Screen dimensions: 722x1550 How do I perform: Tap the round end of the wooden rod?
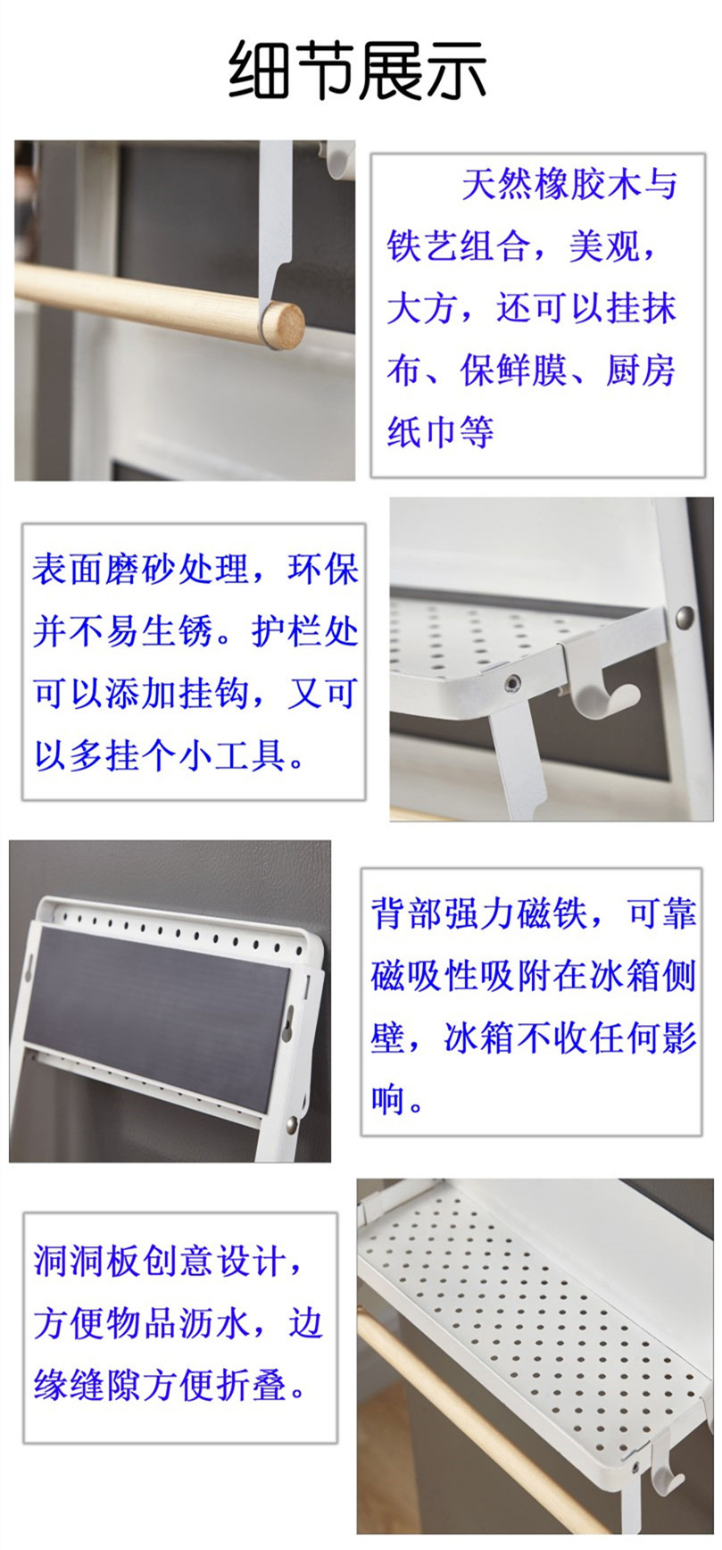click(x=284, y=325)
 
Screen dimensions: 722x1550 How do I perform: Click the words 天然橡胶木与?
click(x=569, y=185)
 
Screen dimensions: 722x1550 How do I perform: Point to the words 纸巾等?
click(x=440, y=432)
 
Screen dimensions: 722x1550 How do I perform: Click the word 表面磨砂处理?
click(x=140, y=569)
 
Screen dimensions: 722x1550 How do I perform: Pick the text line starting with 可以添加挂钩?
click(x=195, y=693)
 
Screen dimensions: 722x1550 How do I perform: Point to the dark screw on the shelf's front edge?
click(x=512, y=682)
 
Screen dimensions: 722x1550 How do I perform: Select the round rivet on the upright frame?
click(x=685, y=614)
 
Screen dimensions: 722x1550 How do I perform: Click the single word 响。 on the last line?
click(x=398, y=1100)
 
